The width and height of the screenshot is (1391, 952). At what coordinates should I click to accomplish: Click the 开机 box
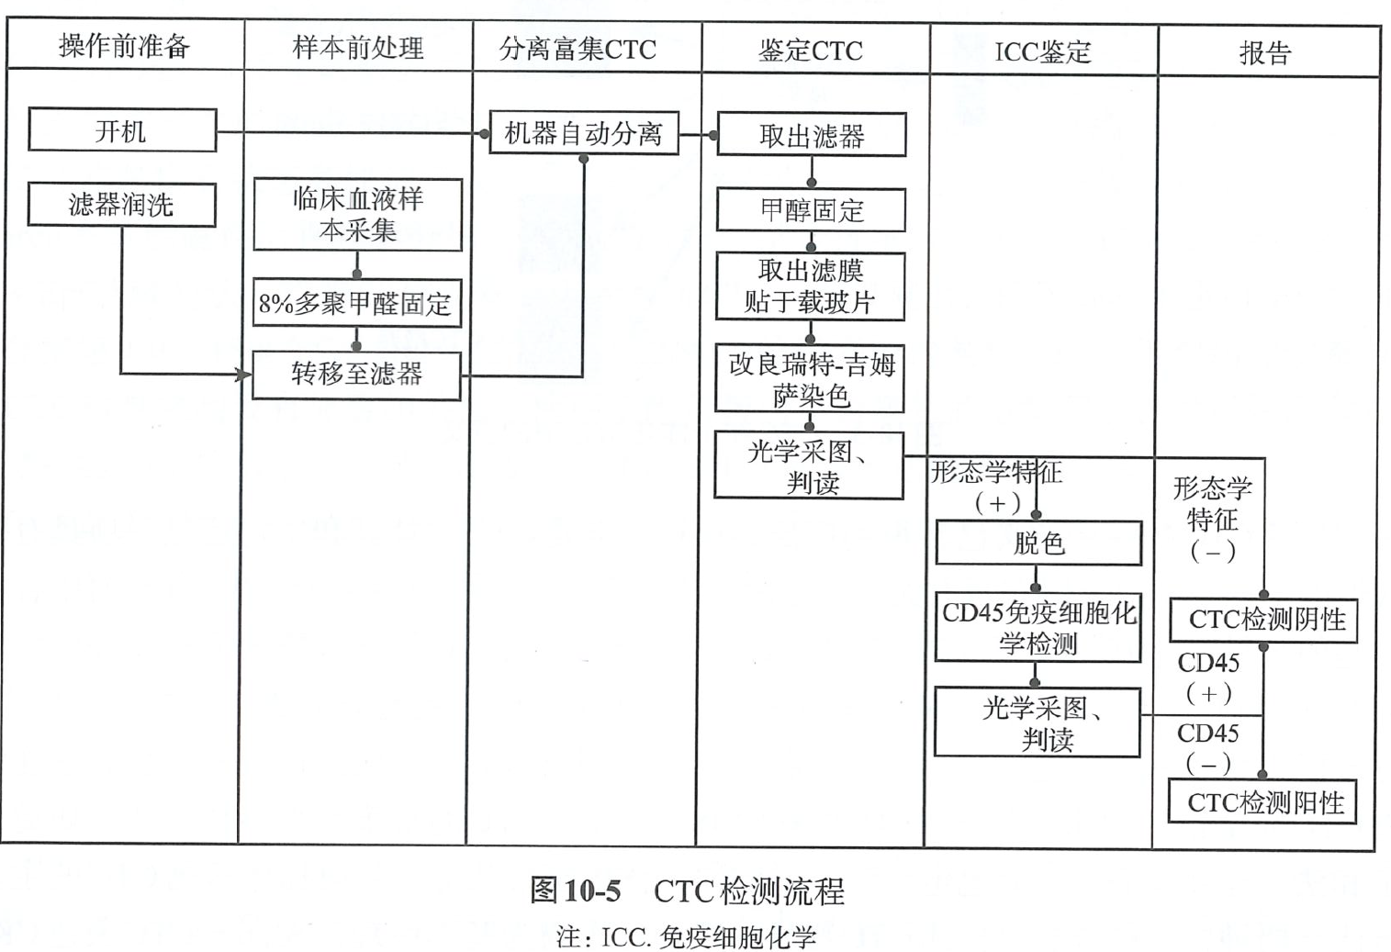click(x=122, y=130)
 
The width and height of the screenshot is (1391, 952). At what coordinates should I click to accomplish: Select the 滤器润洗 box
click(x=121, y=204)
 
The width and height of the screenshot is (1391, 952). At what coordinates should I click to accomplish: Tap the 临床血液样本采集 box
click(x=357, y=214)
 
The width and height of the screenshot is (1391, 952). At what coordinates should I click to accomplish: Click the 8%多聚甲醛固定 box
click(x=356, y=303)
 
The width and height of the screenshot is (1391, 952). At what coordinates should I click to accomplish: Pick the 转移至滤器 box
click(x=356, y=375)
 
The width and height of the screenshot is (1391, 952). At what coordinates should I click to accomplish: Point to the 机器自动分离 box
click(x=583, y=134)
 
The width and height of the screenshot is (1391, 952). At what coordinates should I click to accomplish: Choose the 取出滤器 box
click(x=811, y=136)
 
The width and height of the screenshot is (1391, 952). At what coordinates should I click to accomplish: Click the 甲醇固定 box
click(x=811, y=210)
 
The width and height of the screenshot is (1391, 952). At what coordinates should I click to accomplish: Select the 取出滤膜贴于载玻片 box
click(x=810, y=286)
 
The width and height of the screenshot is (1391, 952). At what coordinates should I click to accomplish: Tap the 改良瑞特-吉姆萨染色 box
click(x=810, y=379)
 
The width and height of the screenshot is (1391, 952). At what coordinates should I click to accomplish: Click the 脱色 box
click(x=1038, y=543)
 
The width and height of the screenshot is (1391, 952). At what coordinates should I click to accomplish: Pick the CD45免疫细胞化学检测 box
click(x=1038, y=628)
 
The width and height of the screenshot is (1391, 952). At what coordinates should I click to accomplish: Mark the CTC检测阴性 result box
click(x=1263, y=620)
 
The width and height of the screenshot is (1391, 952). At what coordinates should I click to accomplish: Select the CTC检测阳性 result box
click(x=1262, y=802)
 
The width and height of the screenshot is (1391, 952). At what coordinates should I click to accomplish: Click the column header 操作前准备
click(x=124, y=46)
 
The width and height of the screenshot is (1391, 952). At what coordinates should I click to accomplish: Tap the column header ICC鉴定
click(x=1042, y=51)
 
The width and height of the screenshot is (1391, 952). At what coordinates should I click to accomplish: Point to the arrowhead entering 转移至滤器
click(x=244, y=375)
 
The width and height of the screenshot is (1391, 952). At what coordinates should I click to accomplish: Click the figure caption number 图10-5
click(x=576, y=890)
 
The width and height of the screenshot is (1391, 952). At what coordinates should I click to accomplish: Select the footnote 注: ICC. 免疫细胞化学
click(x=686, y=937)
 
